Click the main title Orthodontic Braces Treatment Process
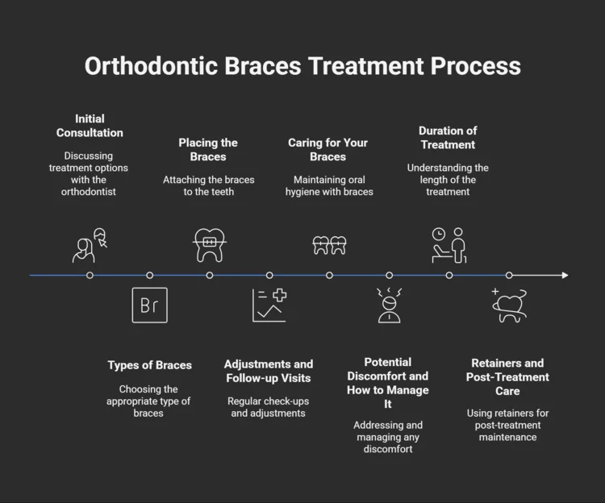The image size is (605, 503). click(302, 66)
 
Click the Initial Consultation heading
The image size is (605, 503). click(90, 126)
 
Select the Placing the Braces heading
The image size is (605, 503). click(208, 149)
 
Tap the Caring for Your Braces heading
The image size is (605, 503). click(328, 149)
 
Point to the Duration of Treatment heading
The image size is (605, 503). click(447, 137)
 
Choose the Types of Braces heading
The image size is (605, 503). click(149, 365)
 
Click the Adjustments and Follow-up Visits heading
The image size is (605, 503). click(269, 371)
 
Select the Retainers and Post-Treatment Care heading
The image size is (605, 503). click(507, 376)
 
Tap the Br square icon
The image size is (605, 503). click(149, 305)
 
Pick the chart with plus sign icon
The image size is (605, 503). click(269, 305)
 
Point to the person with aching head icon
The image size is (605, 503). click(389, 306)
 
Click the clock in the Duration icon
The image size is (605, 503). click(439, 234)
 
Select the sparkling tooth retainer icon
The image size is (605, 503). click(509, 305)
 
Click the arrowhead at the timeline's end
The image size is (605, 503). click(565, 275)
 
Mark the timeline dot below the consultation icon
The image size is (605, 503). click(90, 275)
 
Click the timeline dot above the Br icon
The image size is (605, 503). click(149, 275)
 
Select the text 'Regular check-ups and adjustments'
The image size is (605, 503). click(269, 407)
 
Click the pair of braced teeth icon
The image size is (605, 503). click(329, 245)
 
